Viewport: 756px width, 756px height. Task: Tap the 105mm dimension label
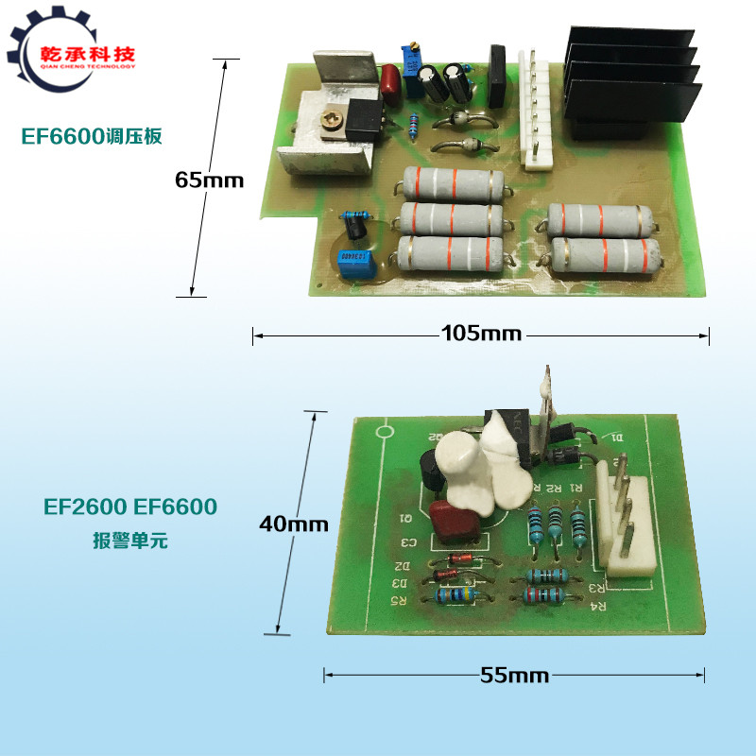(481, 334)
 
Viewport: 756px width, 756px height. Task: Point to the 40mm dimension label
(294, 523)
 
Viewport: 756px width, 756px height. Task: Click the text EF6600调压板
(92, 136)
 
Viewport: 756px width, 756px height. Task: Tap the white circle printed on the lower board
(385, 435)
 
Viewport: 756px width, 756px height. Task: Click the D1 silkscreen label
(618, 438)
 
